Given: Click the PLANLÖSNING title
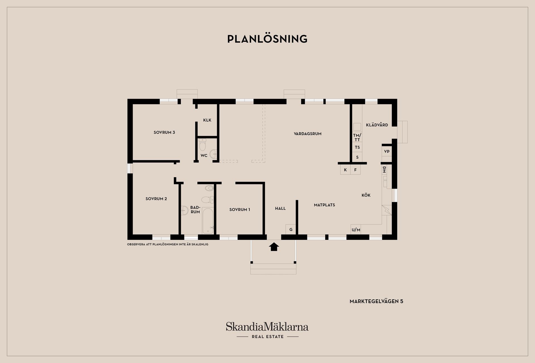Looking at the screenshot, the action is [x=267, y=39].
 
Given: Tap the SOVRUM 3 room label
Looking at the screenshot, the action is [x=164, y=132].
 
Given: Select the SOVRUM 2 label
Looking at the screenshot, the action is [x=156, y=199].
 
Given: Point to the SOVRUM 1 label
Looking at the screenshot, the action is [x=240, y=210].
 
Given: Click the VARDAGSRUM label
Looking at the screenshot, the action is [x=308, y=134].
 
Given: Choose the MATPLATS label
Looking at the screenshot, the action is [x=324, y=205].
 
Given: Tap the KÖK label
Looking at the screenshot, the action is [x=366, y=195].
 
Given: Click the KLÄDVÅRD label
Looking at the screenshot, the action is [x=377, y=125].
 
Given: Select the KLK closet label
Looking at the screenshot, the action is [x=207, y=120].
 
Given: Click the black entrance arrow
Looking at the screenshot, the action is [x=274, y=247].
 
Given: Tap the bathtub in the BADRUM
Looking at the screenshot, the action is [x=208, y=221].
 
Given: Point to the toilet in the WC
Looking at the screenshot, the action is [x=203, y=145].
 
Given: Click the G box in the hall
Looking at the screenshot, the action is [x=291, y=229].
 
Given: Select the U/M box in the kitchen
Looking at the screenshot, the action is [x=356, y=229].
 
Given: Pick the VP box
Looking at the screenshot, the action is [x=387, y=151].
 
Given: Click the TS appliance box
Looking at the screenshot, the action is [x=357, y=147].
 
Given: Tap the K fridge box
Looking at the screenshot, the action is [x=345, y=170].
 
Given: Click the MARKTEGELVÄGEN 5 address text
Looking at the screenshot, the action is [x=376, y=301].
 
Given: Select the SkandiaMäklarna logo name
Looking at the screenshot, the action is [x=267, y=326].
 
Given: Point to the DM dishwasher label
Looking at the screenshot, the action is [x=384, y=170].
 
